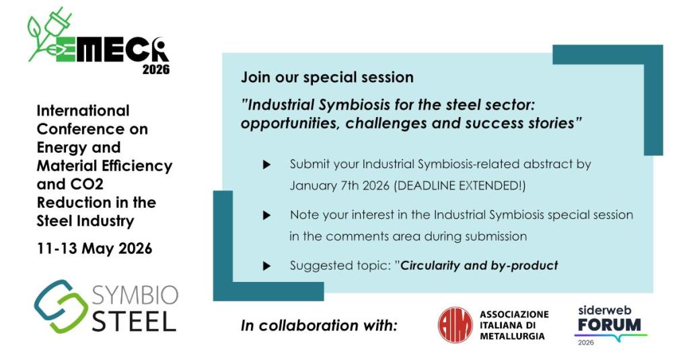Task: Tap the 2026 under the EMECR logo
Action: pyautogui.click(x=156, y=69)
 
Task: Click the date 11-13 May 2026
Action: pyautogui.click(x=94, y=248)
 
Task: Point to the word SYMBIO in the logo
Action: pyautogui.click(x=135, y=295)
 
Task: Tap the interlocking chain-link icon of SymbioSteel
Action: pyautogui.click(x=61, y=306)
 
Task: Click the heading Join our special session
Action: pyautogui.click(x=328, y=77)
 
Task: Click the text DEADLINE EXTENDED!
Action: pyautogui.click(x=459, y=186)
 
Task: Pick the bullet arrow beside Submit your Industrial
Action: pyautogui.click(x=266, y=165)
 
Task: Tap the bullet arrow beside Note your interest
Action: pyautogui.click(x=266, y=215)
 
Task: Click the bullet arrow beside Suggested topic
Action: pyautogui.click(x=266, y=266)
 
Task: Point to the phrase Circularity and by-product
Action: pyautogui.click(x=479, y=266)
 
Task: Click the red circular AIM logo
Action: pyautogui.click(x=456, y=325)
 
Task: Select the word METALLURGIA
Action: pyautogui.click(x=512, y=336)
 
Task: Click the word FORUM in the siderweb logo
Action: pyautogui.click(x=610, y=325)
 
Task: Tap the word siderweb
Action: pyautogui.click(x=605, y=310)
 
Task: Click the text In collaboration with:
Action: pyautogui.click(x=319, y=326)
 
